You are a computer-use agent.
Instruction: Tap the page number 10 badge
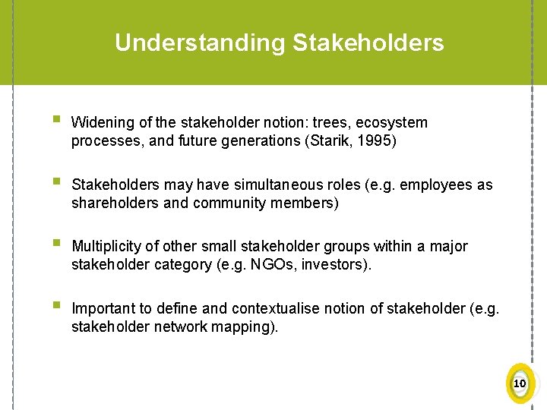click(x=520, y=383)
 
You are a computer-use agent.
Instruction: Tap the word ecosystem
click(x=391, y=122)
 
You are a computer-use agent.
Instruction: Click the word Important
click(x=102, y=308)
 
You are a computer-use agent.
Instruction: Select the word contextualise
click(x=278, y=308)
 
